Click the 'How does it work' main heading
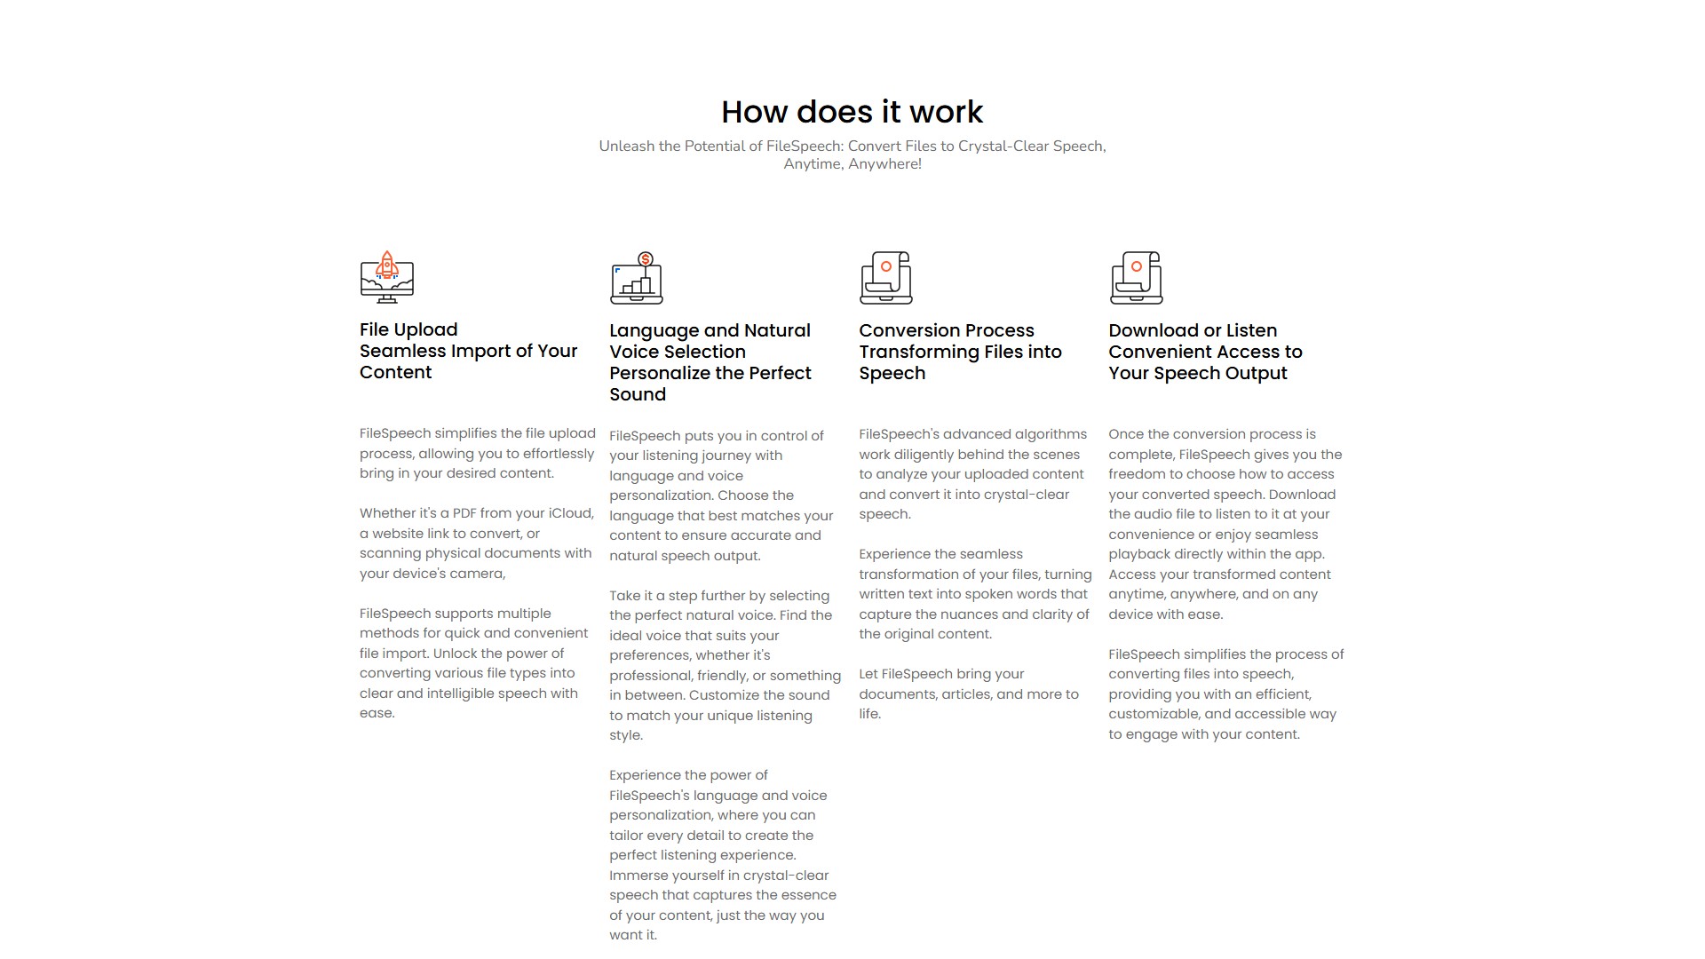(852, 112)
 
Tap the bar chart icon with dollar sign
(637, 278)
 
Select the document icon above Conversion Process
(885, 277)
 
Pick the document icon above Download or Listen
(1136, 277)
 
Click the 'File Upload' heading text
(408, 329)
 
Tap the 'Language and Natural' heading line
(710, 330)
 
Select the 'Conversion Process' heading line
(946, 330)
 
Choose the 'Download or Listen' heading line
(1193, 330)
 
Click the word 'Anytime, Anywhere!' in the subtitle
(852, 164)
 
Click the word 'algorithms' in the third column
(1051, 434)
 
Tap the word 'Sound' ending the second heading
(638, 394)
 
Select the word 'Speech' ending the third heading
(892, 373)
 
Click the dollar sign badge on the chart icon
(646, 259)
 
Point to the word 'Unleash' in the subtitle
(626, 147)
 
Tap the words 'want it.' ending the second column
(633, 935)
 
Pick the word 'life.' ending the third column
(869, 714)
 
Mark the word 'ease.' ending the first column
(377, 713)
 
